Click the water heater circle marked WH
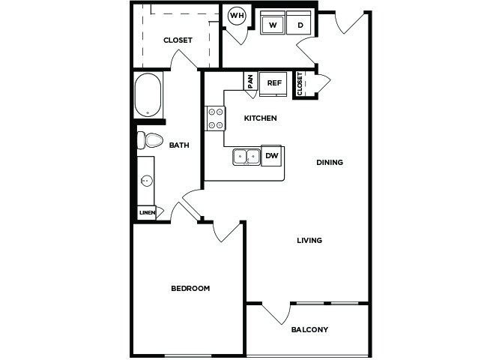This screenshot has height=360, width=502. tap(237, 16)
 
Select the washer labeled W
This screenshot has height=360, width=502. tap(273, 22)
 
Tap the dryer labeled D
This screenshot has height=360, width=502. tap(299, 22)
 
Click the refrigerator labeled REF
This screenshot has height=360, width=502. tap(273, 84)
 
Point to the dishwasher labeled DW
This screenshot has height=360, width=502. tap(271, 156)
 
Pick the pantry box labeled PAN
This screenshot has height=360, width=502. tap(251, 82)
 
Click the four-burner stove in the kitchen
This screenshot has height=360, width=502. tap(215, 118)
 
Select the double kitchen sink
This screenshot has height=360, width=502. tap(247, 157)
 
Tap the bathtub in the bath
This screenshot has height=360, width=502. tap(148, 95)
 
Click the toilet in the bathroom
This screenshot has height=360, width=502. tap(150, 140)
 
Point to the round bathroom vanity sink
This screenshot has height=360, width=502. tap(146, 181)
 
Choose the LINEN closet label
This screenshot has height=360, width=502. tap(148, 213)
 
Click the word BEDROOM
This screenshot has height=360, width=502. tap(190, 289)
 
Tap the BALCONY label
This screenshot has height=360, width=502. tap(309, 329)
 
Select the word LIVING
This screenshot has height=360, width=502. tap(309, 241)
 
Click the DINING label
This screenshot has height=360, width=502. tap(330, 163)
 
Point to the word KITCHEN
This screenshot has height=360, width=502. tap(260, 118)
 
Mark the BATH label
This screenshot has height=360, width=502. tap(179, 145)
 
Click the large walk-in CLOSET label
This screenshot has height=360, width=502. tap(178, 40)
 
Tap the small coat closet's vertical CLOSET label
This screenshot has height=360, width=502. tap(300, 84)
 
